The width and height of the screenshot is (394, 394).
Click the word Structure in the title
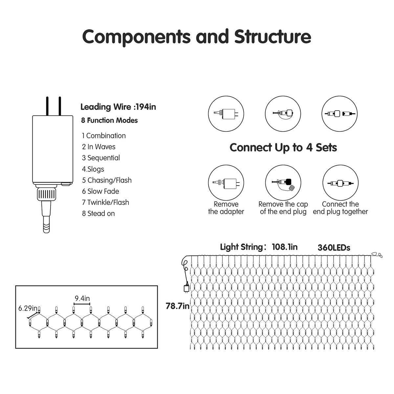click(273, 36)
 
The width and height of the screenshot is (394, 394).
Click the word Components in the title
click(136, 36)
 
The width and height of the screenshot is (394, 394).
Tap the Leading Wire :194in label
click(118, 107)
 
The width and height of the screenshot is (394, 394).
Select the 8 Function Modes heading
click(109, 120)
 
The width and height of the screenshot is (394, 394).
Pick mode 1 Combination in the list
click(104, 136)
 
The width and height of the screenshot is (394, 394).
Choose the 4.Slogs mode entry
click(93, 169)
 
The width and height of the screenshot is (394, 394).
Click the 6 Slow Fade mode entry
click(100, 191)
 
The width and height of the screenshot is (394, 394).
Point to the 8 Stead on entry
click(98, 213)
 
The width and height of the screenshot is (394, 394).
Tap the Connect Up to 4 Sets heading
click(283, 147)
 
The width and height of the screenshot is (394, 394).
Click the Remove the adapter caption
click(226, 208)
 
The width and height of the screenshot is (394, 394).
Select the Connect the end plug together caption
click(340, 208)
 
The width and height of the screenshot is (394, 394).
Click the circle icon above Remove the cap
click(283, 183)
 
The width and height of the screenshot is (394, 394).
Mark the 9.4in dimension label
click(82, 298)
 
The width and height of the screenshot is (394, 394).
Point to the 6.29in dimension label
click(28, 308)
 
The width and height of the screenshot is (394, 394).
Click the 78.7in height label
click(177, 306)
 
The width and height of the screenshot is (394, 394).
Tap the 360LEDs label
click(334, 248)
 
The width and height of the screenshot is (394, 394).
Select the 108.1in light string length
click(284, 247)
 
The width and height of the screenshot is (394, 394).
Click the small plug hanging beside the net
click(186, 288)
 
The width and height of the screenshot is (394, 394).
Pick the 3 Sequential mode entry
click(101, 158)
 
